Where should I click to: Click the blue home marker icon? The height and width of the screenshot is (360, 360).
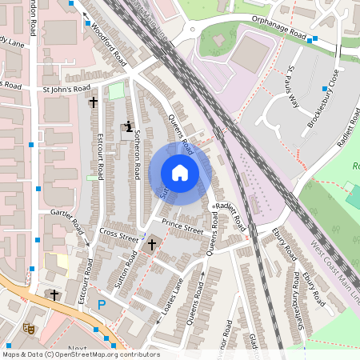[180, 173]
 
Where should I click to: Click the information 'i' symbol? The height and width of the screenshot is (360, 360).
[128, 126]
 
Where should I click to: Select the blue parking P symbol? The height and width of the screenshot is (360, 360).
[101, 304]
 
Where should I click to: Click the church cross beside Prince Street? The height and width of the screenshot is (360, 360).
[152, 243]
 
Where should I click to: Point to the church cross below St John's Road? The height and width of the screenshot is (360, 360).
[94, 102]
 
